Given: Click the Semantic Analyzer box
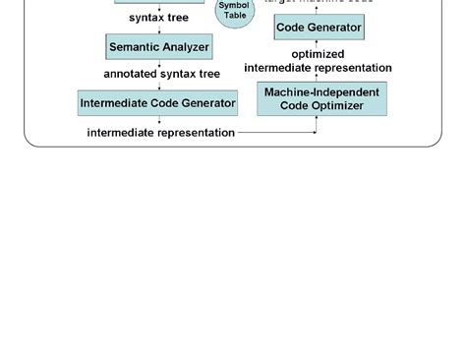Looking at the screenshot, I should click(x=158, y=46).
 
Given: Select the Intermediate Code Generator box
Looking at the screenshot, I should click(x=158, y=102).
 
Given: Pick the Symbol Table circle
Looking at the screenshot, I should click(x=235, y=12).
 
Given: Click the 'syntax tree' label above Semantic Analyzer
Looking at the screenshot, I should click(x=158, y=18).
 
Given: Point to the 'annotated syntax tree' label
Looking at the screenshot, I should click(x=162, y=74).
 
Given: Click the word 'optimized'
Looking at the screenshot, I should click(x=318, y=54).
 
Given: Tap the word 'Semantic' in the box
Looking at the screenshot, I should click(x=136, y=46).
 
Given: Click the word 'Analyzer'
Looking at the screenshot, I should click(x=186, y=46).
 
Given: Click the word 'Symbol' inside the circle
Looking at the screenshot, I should click(x=235, y=6).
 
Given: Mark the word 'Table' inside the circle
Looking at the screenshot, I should click(x=235, y=16).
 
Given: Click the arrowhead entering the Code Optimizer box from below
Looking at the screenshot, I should click(x=317, y=119).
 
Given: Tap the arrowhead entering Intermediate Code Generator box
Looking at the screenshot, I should click(x=158, y=88).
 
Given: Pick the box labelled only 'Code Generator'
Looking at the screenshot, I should click(x=319, y=28).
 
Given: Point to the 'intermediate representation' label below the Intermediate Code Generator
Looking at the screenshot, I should click(x=161, y=132).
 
